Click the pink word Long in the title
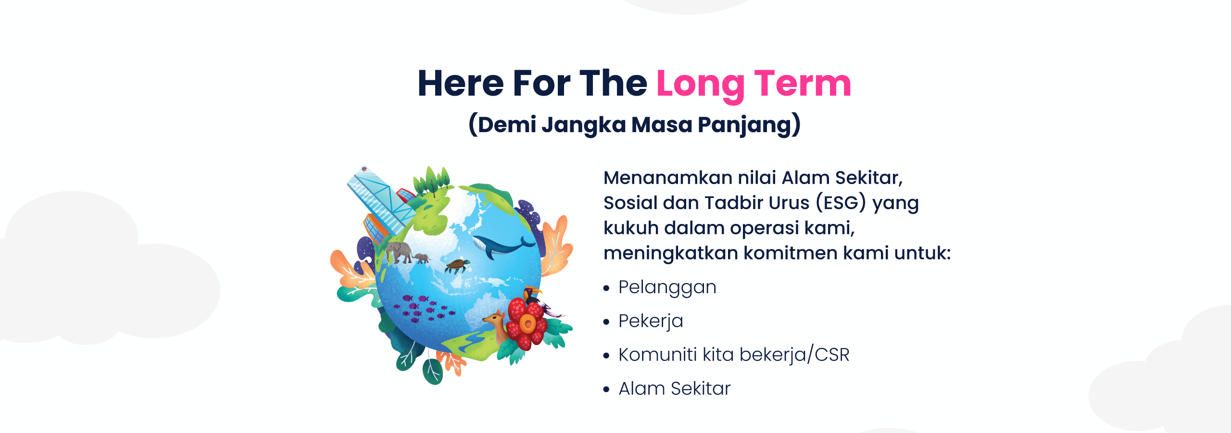pos(700,85)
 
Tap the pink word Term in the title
pos(803,84)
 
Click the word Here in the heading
pos(461,84)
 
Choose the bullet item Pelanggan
pos(667,287)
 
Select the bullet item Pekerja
pos(650,321)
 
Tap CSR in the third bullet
pos(832,355)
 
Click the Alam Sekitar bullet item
pos(674,388)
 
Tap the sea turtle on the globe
pos(457,265)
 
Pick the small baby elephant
pos(422,258)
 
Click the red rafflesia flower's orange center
pos(528,323)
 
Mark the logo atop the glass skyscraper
pos(364,169)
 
